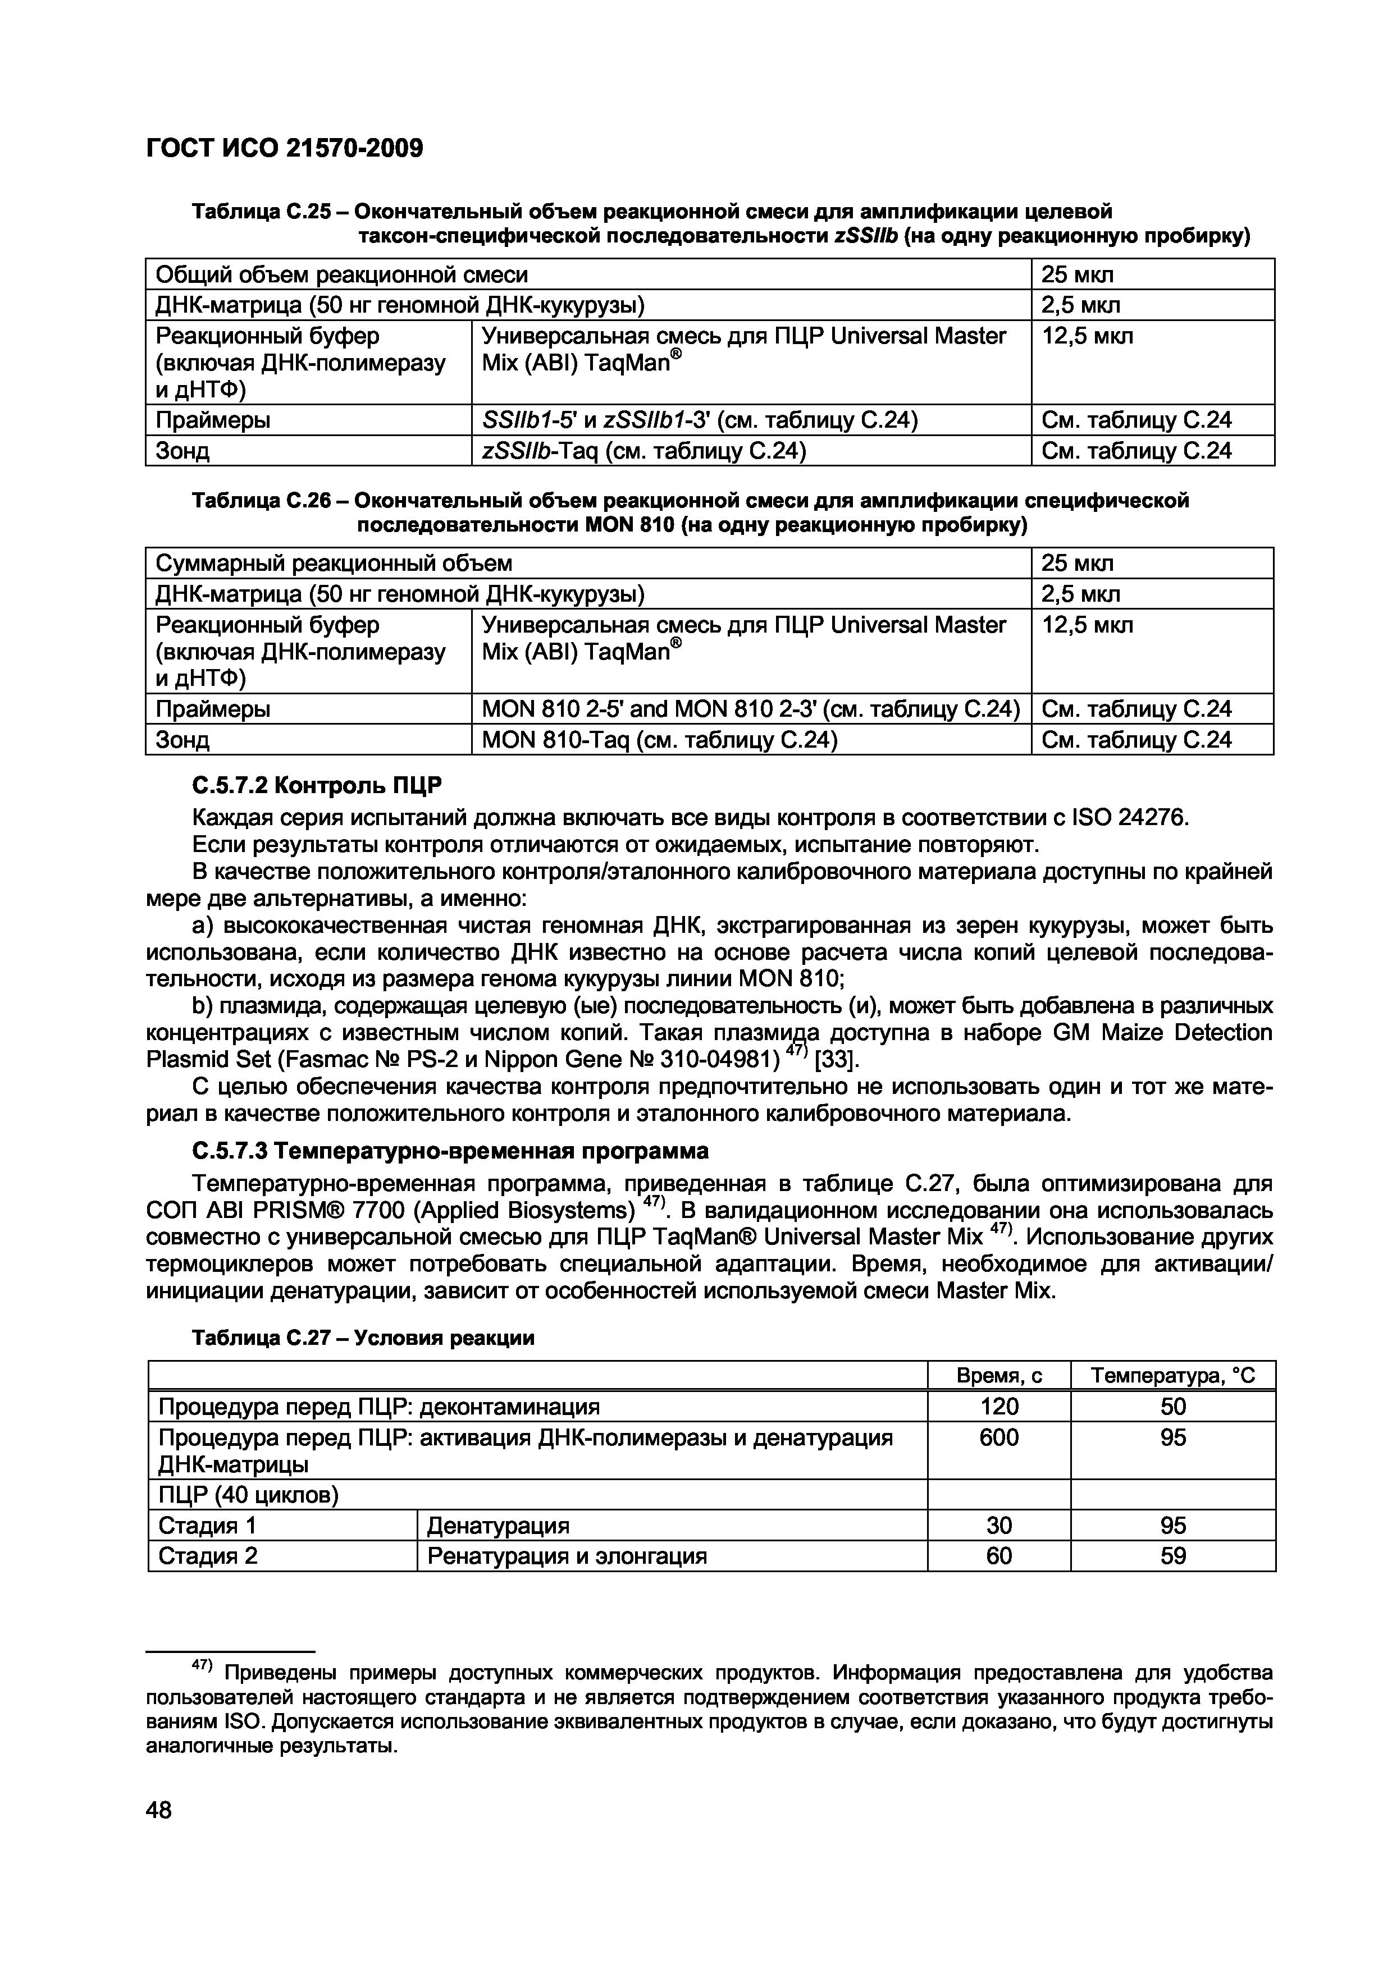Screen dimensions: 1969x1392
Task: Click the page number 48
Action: [159, 1810]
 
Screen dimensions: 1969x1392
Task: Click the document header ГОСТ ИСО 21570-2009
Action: [285, 149]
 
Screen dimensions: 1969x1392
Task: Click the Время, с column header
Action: [998, 1376]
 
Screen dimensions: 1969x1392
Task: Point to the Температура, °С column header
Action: [1172, 1376]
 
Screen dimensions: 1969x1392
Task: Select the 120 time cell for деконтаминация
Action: [998, 1407]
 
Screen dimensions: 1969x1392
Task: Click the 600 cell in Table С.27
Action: [998, 1437]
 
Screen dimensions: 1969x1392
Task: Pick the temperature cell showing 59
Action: [1172, 1556]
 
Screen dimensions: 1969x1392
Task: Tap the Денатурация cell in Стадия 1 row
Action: [498, 1526]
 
